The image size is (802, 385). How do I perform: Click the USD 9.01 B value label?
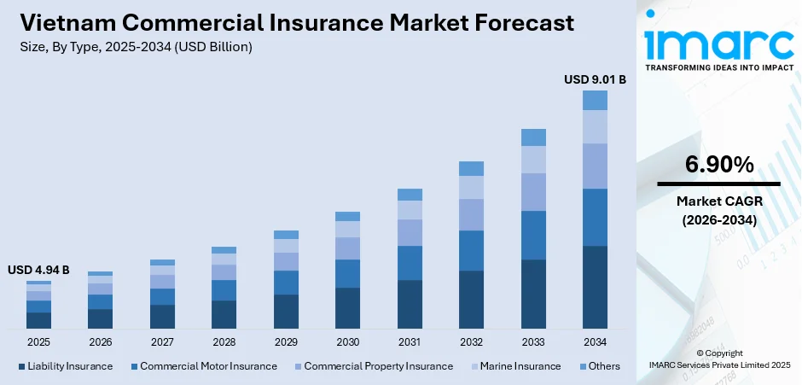pos(595,79)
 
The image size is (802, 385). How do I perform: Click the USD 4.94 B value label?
pos(38,270)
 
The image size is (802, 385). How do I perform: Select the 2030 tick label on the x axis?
pos(347,342)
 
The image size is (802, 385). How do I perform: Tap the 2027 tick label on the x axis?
pos(162,342)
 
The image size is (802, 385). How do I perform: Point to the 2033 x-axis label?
pos(533,342)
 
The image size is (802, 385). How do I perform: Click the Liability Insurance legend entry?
pos(65,366)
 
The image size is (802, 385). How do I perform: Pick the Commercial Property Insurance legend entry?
pos(372,366)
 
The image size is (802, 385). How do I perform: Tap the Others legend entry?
pos(599,366)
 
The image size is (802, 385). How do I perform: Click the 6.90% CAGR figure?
pos(718,164)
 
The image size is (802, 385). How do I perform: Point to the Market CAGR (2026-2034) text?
pos(718,210)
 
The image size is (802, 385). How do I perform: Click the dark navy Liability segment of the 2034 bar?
pos(595,287)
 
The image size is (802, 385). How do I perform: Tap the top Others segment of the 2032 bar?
pos(471,168)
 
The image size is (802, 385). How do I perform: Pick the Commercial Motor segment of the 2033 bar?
pos(533,235)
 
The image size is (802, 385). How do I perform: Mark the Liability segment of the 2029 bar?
pos(286,312)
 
